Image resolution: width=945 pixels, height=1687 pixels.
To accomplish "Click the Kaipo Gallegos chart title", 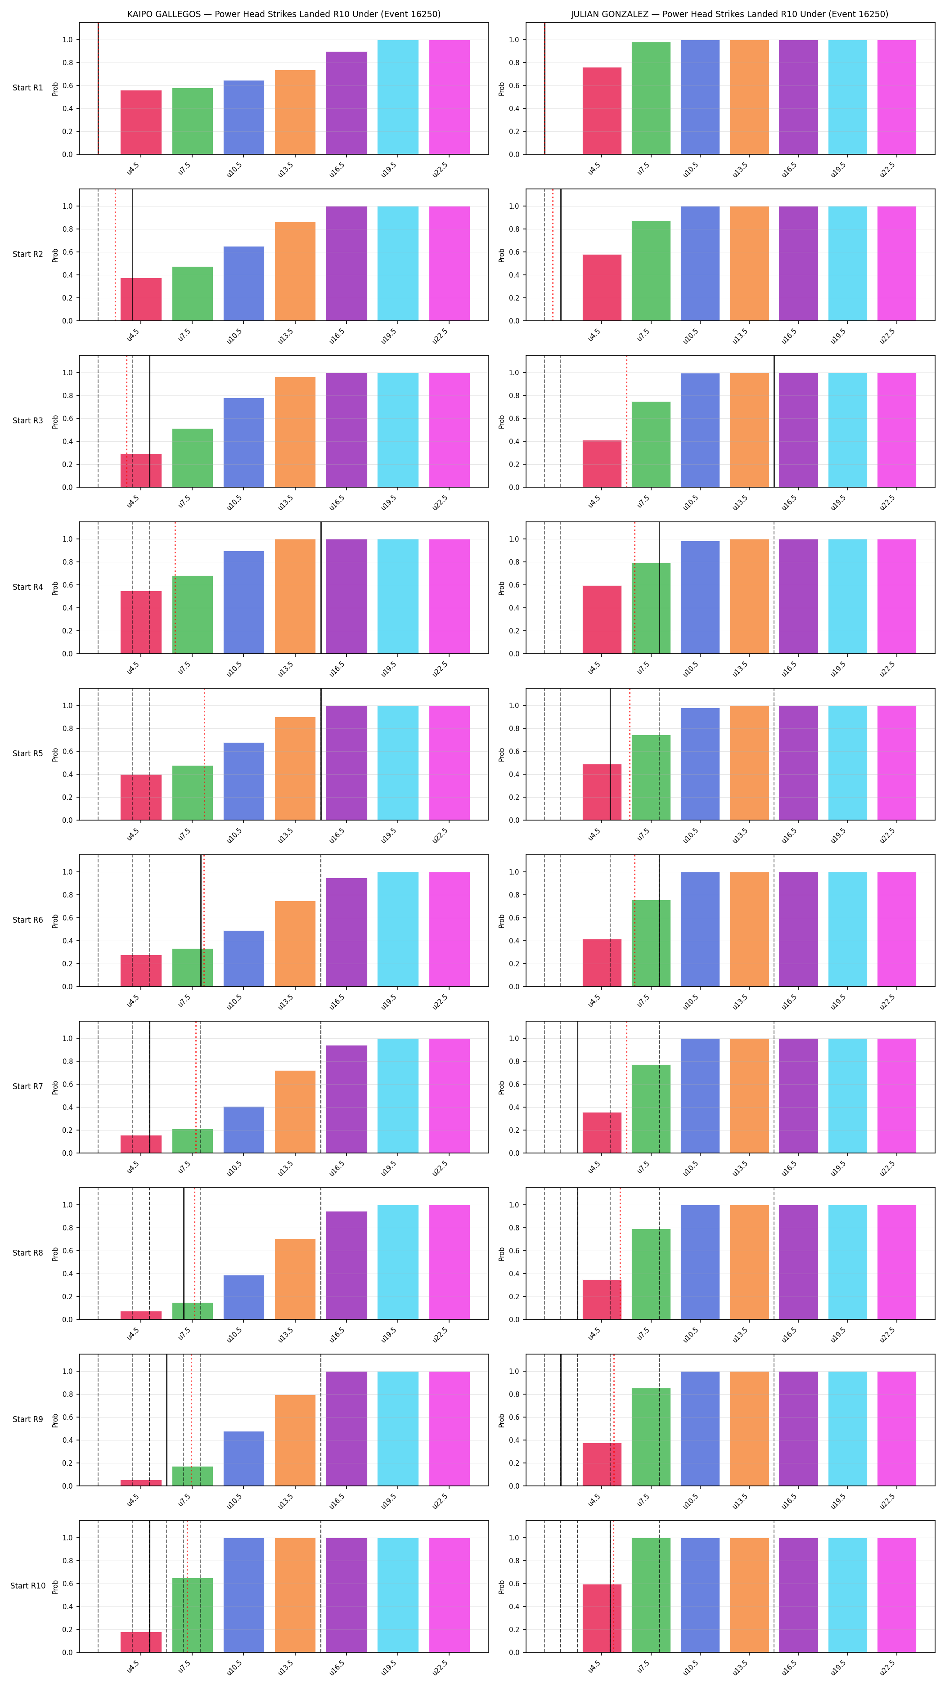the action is (x=283, y=14).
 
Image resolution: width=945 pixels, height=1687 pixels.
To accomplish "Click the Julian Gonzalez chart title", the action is (x=729, y=14).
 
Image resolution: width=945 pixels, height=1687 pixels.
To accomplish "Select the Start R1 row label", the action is (x=27, y=88).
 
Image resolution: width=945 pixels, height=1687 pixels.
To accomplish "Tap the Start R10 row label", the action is (x=27, y=1585).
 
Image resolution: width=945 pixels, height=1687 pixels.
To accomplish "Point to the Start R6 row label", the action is (x=27, y=920).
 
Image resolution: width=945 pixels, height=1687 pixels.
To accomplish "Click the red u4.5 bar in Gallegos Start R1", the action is (x=141, y=122).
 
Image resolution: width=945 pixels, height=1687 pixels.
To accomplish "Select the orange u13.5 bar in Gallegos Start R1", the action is (x=295, y=112).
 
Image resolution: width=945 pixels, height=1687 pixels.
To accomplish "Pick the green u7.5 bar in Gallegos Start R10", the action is (x=193, y=1615).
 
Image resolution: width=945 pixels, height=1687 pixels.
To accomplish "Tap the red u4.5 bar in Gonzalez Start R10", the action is (x=602, y=1618).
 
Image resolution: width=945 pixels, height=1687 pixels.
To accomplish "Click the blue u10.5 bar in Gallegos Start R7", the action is (x=243, y=1130).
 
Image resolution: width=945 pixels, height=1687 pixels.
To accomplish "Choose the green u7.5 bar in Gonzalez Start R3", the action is (x=651, y=444).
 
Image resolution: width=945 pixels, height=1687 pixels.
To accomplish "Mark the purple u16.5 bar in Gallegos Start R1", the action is (x=346, y=103).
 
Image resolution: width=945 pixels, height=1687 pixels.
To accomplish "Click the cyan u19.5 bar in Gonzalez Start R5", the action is (x=847, y=763).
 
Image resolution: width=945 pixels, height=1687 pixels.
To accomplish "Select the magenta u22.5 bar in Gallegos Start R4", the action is (x=449, y=597).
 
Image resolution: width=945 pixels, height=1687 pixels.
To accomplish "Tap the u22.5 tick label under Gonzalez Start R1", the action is (x=887, y=169).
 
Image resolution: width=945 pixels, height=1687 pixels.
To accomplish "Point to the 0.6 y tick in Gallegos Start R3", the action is (x=67, y=418).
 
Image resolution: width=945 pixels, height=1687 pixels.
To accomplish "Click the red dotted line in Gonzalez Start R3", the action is (x=626, y=421).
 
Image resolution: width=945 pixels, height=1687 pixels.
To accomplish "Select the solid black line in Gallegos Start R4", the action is (x=321, y=588).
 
